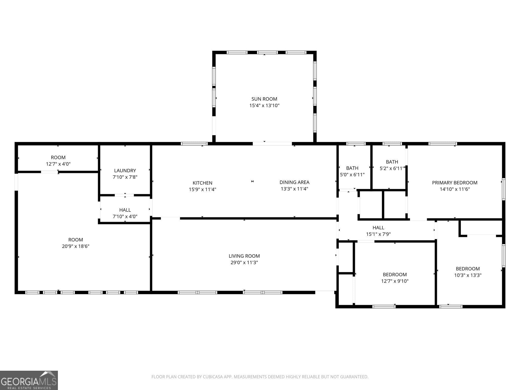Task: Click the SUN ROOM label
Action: [264, 99]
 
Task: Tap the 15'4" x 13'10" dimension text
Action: [264, 106]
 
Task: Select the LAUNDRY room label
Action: [125, 171]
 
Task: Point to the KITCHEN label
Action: [202, 183]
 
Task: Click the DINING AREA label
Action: [294, 182]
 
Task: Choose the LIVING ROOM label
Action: [244, 256]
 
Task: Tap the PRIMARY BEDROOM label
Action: [454, 183]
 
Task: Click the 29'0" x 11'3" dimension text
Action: [244, 263]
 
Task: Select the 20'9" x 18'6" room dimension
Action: [75, 246]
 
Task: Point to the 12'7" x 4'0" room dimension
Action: [58, 164]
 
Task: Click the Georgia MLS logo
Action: [29, 380]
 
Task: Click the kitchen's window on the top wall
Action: [194, 144]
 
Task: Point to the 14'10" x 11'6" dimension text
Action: [454, 189]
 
